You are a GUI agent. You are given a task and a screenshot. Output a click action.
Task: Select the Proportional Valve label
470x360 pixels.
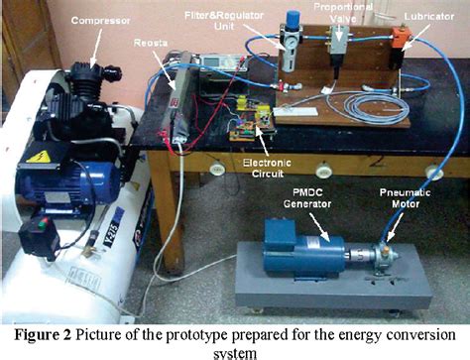pyautogui.click(x=346, y=13)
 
